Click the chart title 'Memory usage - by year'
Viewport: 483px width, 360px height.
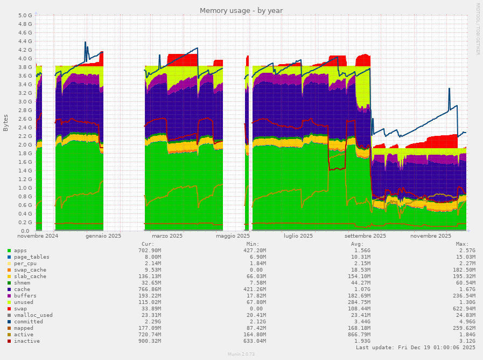coord(241,10)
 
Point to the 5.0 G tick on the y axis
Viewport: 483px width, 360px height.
coord(25,15)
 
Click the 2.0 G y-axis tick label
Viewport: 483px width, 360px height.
coord(25,144)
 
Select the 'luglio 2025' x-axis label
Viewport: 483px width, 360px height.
coord(298,236)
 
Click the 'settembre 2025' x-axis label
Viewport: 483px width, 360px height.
coord(366,236)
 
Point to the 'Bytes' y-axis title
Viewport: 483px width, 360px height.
coord(6,123)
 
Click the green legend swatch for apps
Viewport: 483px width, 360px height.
coord(9,251)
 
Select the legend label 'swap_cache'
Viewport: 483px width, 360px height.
coord(30,270)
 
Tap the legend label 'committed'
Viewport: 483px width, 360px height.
coord(29,322)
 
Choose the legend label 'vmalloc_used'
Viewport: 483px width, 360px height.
coord(33,315)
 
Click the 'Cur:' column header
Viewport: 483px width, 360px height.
coord(147,244)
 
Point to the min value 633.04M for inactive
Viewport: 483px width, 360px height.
coord(253,341)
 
